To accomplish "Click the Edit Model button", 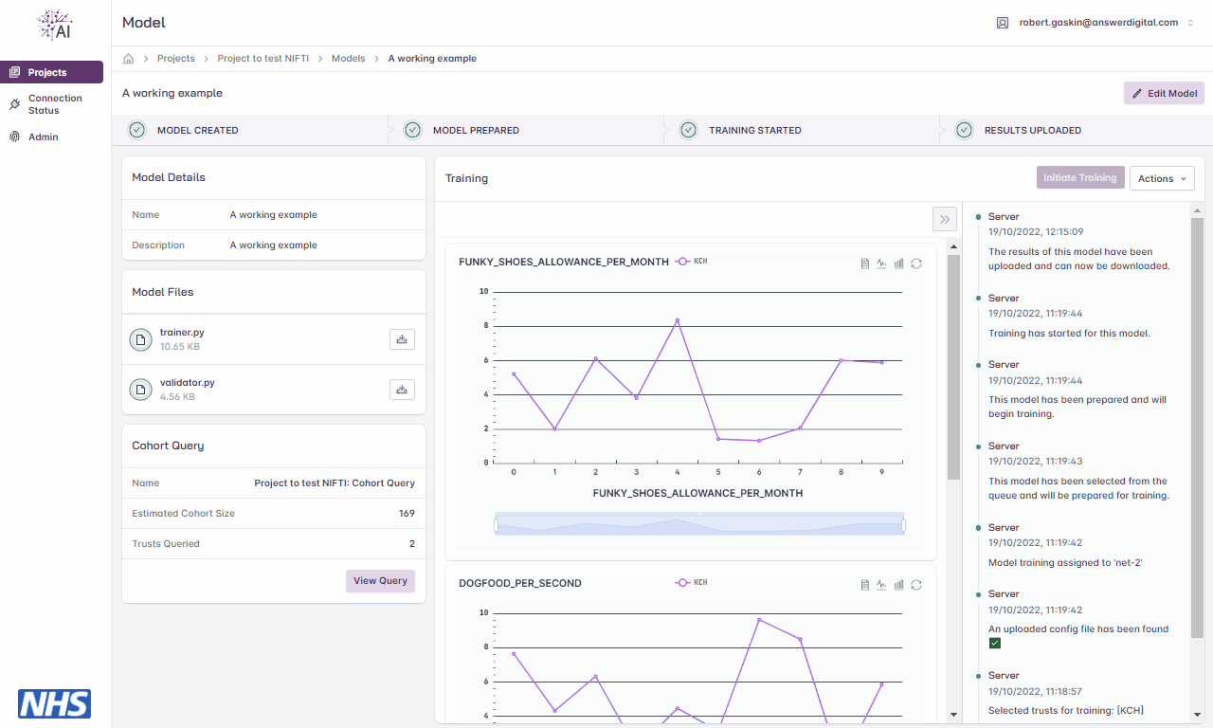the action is (1164, 93).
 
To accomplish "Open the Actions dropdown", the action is (1162, 178).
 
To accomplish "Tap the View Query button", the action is (380, 581).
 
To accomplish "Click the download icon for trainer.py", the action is (402, 339).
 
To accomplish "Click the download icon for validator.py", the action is (402, 390).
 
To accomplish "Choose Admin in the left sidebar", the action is (43, 137).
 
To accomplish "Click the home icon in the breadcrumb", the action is (128, 59).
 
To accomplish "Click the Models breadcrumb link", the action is (348, 59).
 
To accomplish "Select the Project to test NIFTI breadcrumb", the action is (263, 59).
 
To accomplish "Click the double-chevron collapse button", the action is (945, 219).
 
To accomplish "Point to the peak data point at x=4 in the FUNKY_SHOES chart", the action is (677, 320).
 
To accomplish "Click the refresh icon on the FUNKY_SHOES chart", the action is (916, 264).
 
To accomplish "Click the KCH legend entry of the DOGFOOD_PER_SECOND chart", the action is (691, 582).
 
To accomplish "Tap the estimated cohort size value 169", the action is (407, 513).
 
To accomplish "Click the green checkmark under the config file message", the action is (995, 643).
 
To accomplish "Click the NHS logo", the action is (54, 703).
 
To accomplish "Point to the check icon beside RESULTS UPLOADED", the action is (964, 130).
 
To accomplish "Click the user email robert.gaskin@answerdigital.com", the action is (1098, 22).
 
